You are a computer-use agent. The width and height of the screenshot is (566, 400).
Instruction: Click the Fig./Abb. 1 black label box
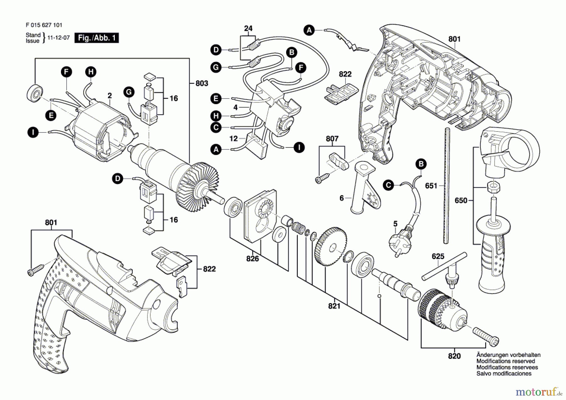[x=97, y=38]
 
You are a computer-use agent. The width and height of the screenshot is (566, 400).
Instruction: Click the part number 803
[x=202, y=83]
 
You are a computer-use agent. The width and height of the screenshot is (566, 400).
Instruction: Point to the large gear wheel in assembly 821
[x=330, y=248]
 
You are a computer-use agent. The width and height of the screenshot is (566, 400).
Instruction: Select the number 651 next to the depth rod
[x=431, y=186]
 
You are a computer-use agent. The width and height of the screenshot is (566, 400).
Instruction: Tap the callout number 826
[x=252, y=259]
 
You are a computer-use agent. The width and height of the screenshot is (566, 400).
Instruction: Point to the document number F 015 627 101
[x=44, y=25]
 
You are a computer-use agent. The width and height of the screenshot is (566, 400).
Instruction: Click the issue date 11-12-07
[x=58, y=38]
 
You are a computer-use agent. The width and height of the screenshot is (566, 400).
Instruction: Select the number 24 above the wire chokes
[x=248, y=29]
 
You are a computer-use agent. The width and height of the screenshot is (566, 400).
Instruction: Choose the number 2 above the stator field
[x=109, y=95]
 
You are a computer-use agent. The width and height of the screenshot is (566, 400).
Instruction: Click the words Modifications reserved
[x=505, y=361]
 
